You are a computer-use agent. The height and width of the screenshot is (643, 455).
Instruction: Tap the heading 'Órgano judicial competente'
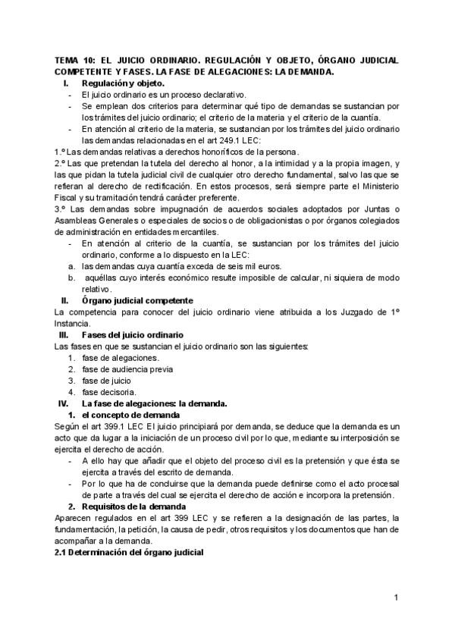tap(137, 300)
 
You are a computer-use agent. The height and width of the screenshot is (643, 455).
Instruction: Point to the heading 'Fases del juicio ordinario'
tap(132, 334)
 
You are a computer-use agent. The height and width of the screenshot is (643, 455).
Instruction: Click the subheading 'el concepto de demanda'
tap(130, 415)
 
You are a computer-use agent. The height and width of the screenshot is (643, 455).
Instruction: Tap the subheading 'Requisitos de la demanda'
tap(135, 506)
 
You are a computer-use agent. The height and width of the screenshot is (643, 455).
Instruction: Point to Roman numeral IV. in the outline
tap(64, 403)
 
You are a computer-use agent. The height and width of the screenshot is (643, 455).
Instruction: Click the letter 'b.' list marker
tap(70, 278)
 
